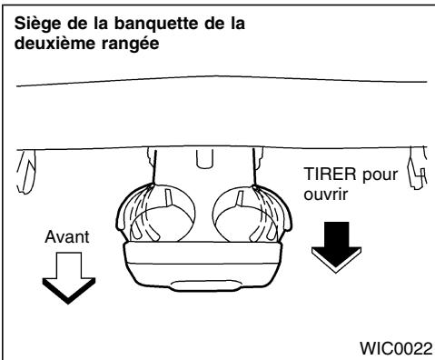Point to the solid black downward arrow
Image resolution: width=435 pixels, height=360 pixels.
coord(329,244)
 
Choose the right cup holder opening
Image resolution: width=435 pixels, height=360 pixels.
coord(241,219)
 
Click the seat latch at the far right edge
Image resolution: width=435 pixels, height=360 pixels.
coord(417,170)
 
